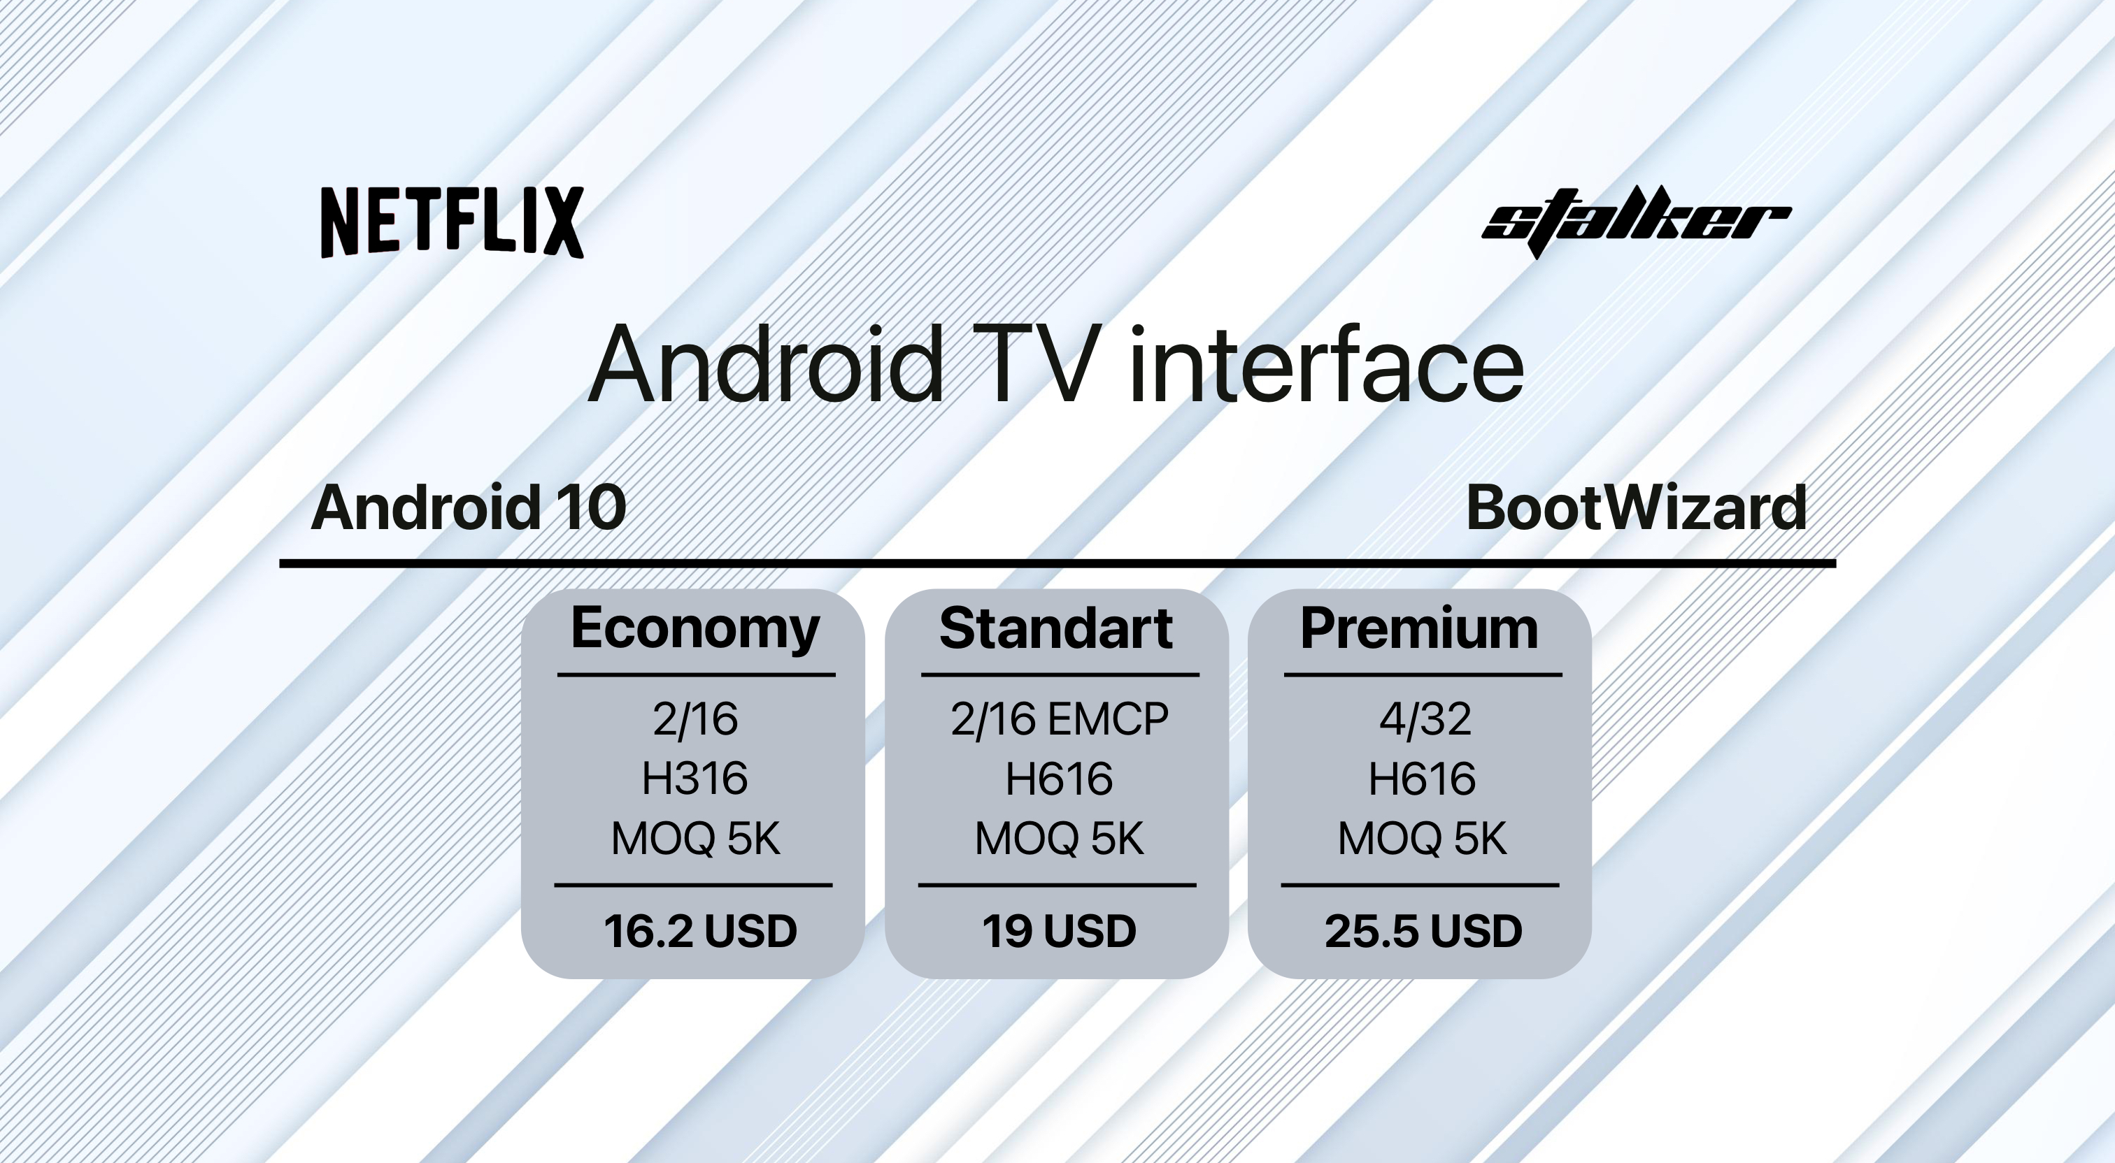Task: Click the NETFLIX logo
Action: click(453, 222)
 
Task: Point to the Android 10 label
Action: click(469, 507)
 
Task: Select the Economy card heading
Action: click(695, 630)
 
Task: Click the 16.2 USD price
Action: click(700, 931)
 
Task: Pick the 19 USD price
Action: click(1059, 931)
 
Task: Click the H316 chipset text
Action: click(695, 778)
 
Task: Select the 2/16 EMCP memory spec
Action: click(1059, 719)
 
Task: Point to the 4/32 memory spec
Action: click(1425, 719)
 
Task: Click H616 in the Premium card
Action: click(1422, 778)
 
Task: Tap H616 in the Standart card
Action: click(1059, 778)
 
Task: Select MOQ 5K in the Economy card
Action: click(695, 839)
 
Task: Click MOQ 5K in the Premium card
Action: click(1422, 839)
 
